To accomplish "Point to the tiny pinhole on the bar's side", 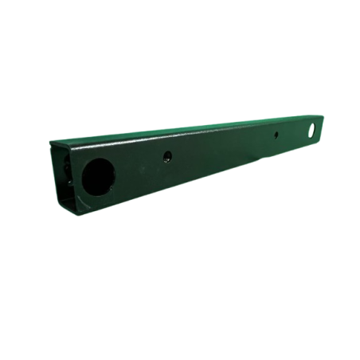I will pyautogui.click(x=276, y=135).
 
